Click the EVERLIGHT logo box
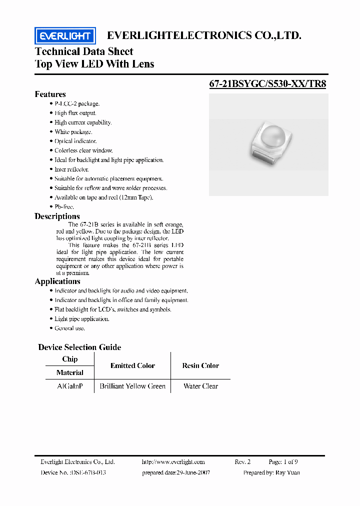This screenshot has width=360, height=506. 64,35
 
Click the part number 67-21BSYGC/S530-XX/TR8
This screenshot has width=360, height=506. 267,84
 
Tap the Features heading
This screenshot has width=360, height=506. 50,94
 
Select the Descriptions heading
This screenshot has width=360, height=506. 57,216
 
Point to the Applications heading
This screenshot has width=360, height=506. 57,281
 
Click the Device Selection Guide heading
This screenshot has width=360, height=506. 79,347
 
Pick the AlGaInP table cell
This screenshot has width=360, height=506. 69,386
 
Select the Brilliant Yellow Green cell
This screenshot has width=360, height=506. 132,386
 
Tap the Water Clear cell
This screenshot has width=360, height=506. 200,386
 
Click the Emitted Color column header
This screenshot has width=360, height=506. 132,365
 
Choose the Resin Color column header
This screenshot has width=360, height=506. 200,365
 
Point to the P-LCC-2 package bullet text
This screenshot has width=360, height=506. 77,103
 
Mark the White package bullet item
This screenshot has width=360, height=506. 73,132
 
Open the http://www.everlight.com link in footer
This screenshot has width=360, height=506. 173,462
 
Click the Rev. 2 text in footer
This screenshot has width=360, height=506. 242,462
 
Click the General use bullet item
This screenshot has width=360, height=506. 69,328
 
